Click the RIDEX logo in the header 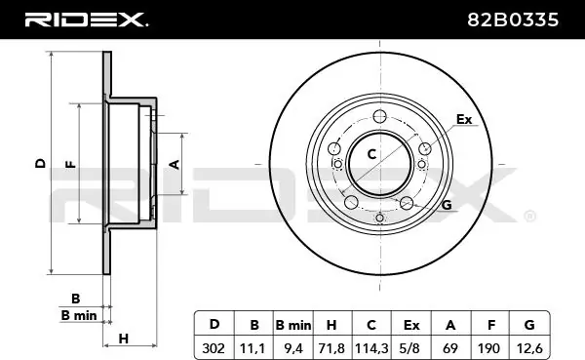86,20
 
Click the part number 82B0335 513,20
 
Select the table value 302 214,348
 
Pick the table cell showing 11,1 253,348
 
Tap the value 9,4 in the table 293,348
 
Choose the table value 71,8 331,348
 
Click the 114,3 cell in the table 371,348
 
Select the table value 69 449,348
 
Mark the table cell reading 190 488,348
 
